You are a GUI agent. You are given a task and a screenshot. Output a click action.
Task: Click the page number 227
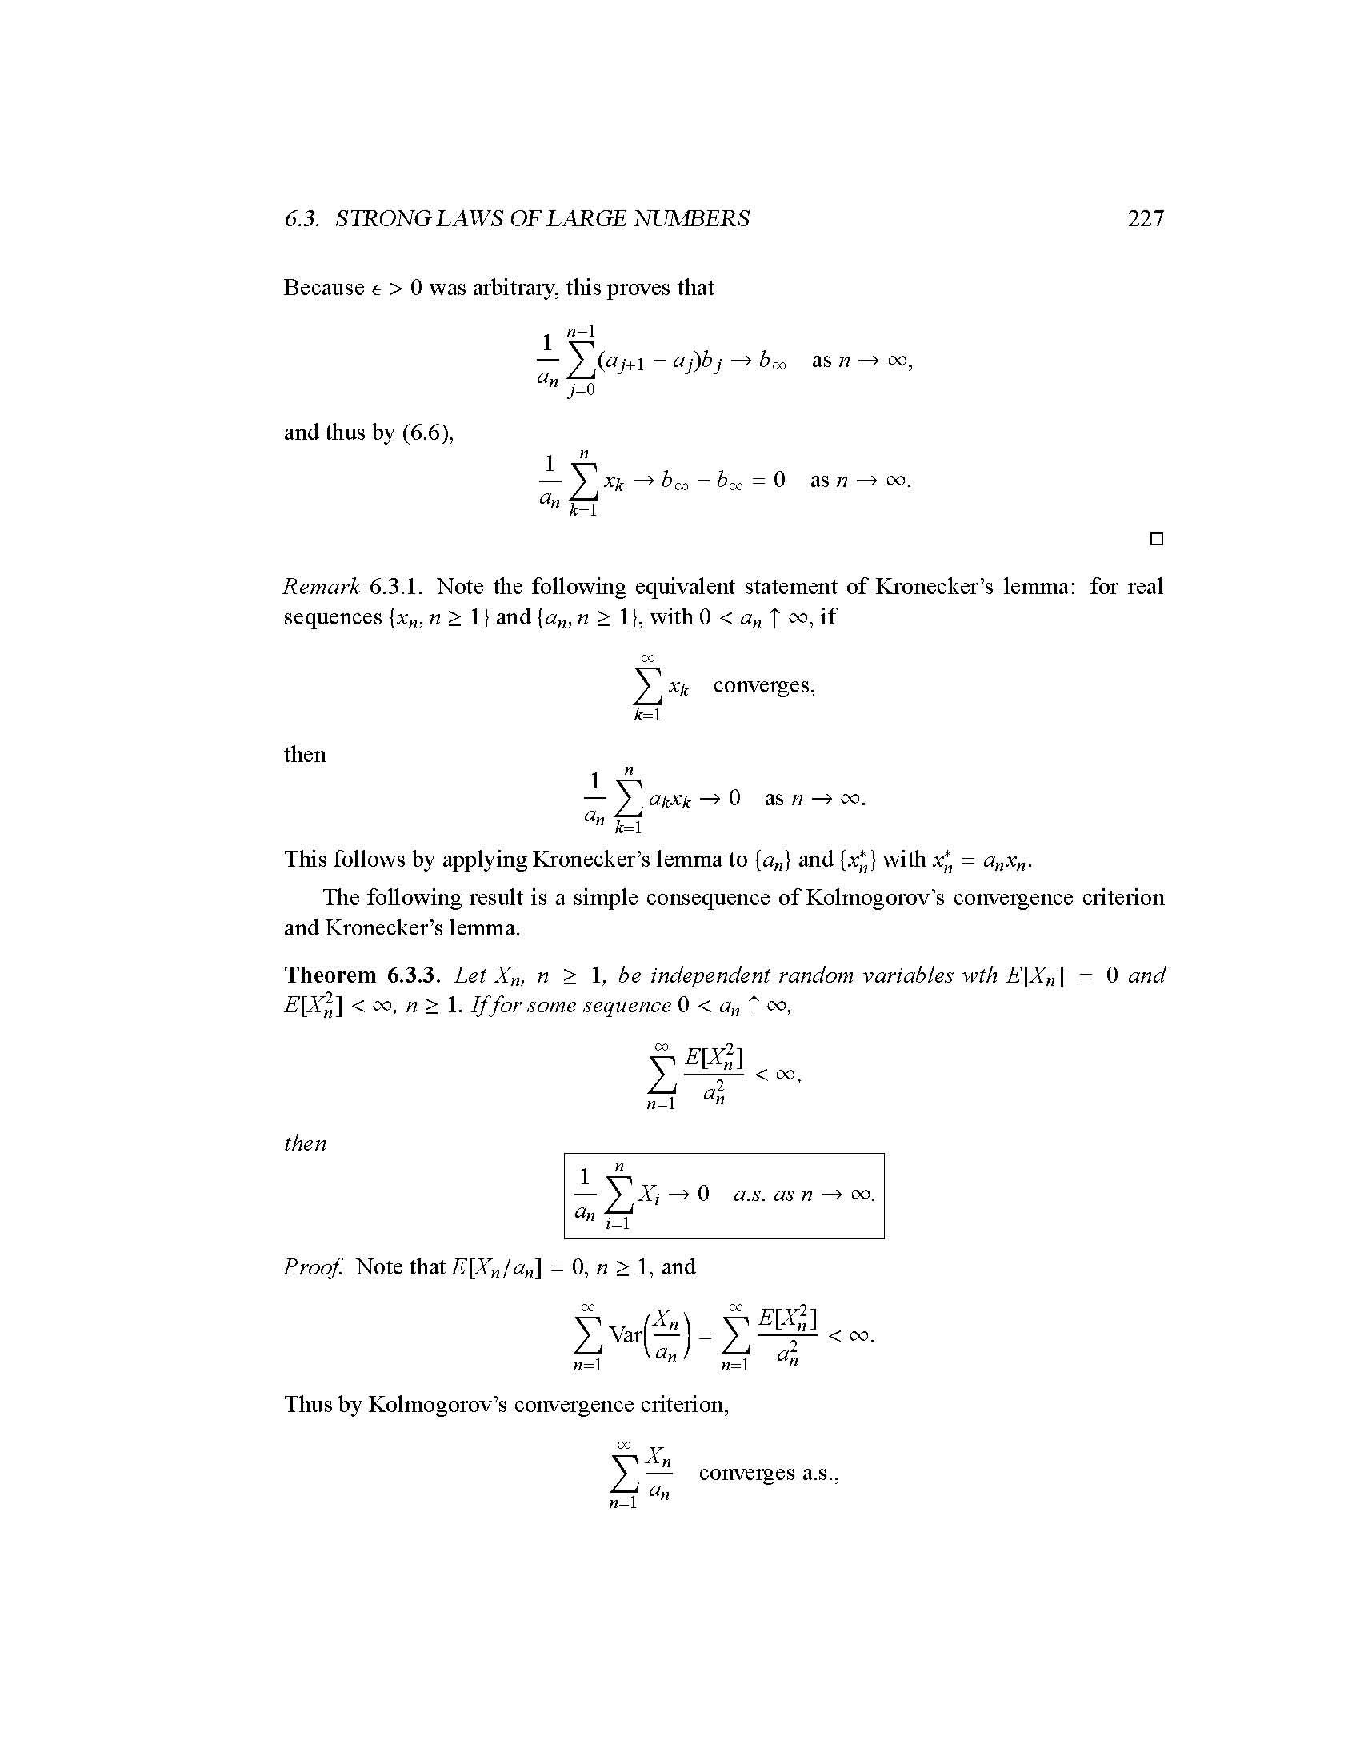point(1145,218)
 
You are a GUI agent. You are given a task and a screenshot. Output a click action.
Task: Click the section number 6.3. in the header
point(303,218)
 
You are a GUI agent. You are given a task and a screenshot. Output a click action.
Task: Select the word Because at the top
point(323,288)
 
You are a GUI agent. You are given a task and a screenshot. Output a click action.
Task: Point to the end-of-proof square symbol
point(1156,539)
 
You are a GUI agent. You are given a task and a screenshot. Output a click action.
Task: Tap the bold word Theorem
point(330,975)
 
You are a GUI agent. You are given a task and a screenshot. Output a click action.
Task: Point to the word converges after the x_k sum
point(763,685)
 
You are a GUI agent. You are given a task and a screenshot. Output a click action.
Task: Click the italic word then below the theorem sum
point(305,1143)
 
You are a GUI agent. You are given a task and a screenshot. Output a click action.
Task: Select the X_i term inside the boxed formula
point(649,1194)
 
